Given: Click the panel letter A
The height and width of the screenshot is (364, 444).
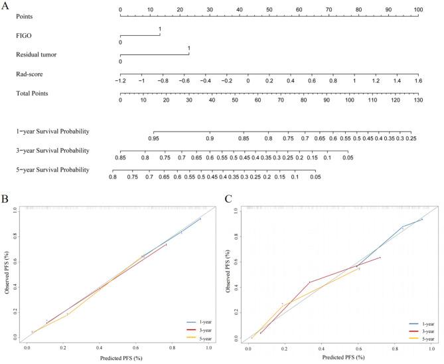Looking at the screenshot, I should (7, 5).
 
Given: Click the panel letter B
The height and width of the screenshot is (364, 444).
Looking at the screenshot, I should (7, 199).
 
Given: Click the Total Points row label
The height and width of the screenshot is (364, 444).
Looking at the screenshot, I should (33, 93).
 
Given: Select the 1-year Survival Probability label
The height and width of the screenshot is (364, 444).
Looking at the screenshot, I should (52, 130).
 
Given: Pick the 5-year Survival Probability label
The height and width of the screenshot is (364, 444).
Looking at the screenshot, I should (52, 170).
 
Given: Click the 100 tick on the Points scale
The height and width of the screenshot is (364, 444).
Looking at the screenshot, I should (416, 10).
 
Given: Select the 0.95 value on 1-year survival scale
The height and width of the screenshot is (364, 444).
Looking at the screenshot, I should (153, 138).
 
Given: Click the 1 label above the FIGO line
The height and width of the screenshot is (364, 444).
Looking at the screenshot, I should (160, 30).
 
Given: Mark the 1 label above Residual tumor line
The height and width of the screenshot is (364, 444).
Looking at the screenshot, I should (189, 48).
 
